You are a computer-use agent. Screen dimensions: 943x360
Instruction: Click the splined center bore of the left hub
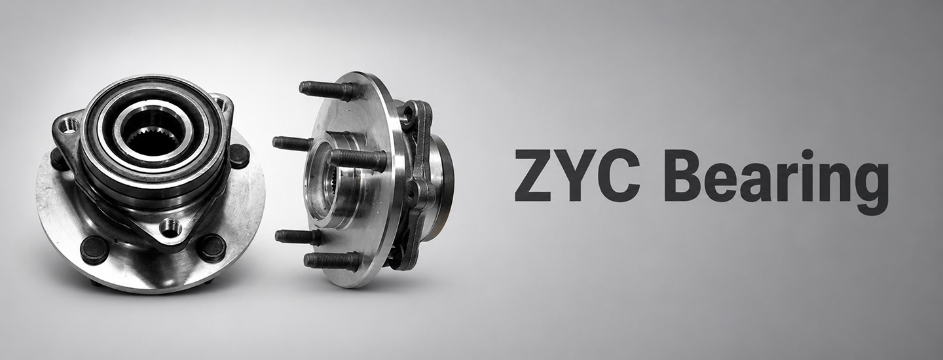(153, 141)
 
